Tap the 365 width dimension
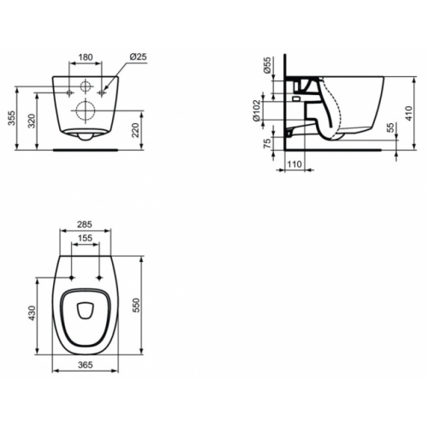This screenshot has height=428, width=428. tap(84, 364)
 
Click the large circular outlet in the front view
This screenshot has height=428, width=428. tap(84, 109)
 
